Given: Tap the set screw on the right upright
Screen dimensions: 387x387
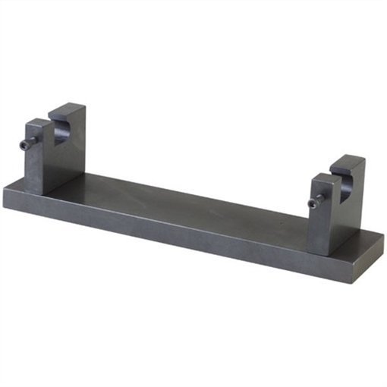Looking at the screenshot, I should [x=317, y=200].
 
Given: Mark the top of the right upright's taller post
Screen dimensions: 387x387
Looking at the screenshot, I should [x=348, y=161].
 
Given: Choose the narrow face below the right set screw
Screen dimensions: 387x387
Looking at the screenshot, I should [x=319, y=228].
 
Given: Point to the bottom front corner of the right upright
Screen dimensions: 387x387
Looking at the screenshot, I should [x=329, y=254].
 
